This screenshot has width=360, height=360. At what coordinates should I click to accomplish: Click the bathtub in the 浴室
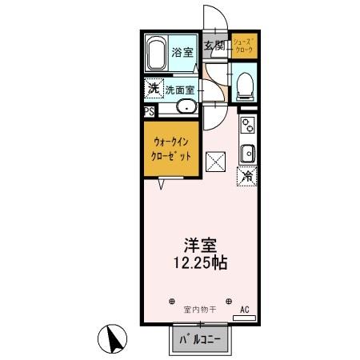(157, 54)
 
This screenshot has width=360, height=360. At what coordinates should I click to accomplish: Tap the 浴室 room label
(182, 53)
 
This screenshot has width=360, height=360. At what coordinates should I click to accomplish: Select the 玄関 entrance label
(212, 46)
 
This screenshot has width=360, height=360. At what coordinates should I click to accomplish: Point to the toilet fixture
(246, 85)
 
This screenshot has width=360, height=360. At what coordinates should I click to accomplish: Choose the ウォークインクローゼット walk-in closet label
(171, 150)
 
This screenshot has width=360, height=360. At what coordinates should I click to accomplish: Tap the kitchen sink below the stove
(247, 151)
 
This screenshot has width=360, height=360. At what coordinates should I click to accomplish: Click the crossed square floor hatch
(216, 161)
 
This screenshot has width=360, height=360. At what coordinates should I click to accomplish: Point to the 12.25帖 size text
(198, 263)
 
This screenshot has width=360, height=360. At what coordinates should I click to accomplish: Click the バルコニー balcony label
(198, 340)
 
